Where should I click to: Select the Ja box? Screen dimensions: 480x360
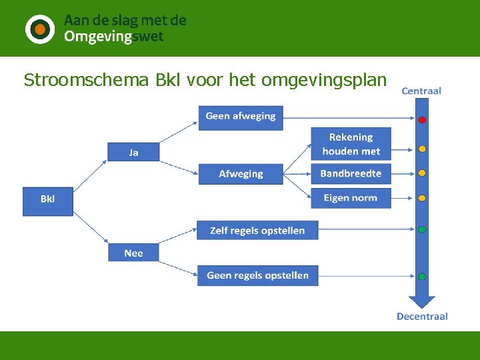point(133,152)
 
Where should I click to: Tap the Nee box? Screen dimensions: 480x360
point(133,253)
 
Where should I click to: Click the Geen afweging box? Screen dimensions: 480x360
point(241,117)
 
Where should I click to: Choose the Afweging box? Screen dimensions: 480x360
point(241,174)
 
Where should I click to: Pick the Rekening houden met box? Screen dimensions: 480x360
point(351,144)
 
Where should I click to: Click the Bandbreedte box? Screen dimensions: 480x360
point(351,174)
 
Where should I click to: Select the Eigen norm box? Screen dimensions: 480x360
point(351,198)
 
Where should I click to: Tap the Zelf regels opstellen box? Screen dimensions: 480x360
point(257,231)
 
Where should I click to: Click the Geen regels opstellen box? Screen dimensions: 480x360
point(257,275)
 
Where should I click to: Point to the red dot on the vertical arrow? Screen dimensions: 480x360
point(422,120)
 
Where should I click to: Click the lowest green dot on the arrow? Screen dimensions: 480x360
point(422,276)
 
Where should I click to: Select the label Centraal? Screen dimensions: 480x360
point(421,91)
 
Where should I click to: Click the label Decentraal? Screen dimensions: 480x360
point(422,316)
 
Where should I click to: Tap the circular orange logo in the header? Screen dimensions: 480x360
point(40,29)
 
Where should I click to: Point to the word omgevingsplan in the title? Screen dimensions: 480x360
point(324,81)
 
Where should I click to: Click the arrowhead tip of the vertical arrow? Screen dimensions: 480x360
point(422,306)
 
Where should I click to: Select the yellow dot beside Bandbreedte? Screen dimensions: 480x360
point(422,173)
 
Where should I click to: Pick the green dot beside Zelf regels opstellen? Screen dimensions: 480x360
point(422,229)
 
